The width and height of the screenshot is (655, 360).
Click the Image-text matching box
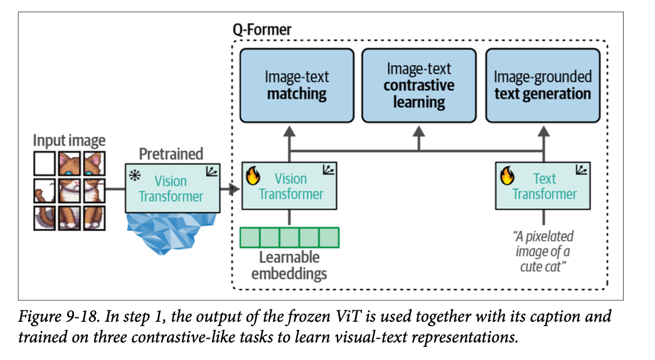click(296, 85)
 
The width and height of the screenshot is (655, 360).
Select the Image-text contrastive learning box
click(419, 85)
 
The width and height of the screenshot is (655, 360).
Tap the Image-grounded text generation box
click(542, 85)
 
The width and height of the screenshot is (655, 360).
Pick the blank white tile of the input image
click(45, 163)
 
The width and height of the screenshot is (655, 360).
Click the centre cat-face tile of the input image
click(69, 189)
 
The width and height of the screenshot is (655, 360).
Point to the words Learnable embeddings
click(289, 265)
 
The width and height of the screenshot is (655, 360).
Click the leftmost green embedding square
click(250, 238)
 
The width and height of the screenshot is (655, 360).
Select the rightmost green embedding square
click(329, 238)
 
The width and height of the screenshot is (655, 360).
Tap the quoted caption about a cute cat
click(543, 249)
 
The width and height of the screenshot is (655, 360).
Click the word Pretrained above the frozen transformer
click(171, 154)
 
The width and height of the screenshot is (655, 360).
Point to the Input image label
click(69, 140)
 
